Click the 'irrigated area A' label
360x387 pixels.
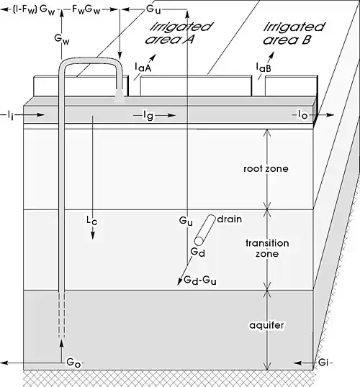(179, 33)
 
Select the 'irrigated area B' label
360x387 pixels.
(294, 33)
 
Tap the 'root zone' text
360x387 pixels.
(266, 169)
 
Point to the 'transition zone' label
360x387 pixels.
(267, 248)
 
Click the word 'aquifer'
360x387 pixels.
(266, 325)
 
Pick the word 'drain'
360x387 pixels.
(229, 219)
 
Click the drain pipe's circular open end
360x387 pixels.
(199, 241)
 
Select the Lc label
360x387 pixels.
(92, 220)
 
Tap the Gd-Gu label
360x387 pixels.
(200, 281)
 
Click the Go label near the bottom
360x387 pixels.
(73, 363)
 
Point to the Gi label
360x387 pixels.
(323, 363)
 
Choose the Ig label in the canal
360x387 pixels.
(148, 116)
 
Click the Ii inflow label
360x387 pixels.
(10, 115)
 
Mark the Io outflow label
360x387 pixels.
(302, 114)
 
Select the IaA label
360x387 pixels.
(143, 68)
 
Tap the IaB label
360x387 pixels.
(264, 68)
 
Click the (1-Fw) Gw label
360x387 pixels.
(34, 10)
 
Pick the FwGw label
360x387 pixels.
(86, 10)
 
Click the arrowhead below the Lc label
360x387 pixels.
(93, 236)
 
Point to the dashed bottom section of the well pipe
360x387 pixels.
(62, 314)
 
